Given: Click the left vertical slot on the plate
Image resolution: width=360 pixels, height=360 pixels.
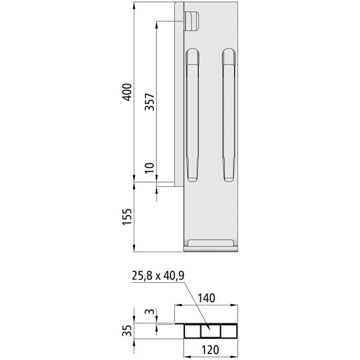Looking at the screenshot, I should tap(192, 115).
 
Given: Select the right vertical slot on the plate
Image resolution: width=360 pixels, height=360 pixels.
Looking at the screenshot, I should tap(229, 115).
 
